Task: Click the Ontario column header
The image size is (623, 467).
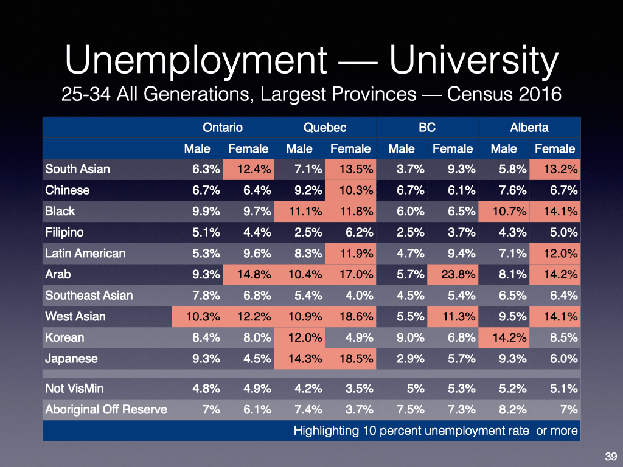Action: click(223, 128)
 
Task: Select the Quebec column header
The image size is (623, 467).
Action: click(325, 128)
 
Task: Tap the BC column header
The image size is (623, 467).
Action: click(427, 128)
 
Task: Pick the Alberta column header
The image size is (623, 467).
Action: click(529, 128)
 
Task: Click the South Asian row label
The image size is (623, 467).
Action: click(77, 169)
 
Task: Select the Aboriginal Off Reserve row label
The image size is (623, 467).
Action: click(106, 409)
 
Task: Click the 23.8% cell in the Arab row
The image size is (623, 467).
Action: click(453, 274)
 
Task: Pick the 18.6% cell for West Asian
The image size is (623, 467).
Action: click(350, 316)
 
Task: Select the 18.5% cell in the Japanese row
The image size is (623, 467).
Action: click(350, 359)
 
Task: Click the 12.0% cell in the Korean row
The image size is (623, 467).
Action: click(299, 337)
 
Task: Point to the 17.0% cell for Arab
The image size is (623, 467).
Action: click(350, 274)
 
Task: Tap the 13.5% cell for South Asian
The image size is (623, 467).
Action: click(350, 169)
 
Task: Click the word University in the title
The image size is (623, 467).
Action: click(473, 61)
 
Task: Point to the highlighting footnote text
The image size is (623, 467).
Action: click(435, 431)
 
